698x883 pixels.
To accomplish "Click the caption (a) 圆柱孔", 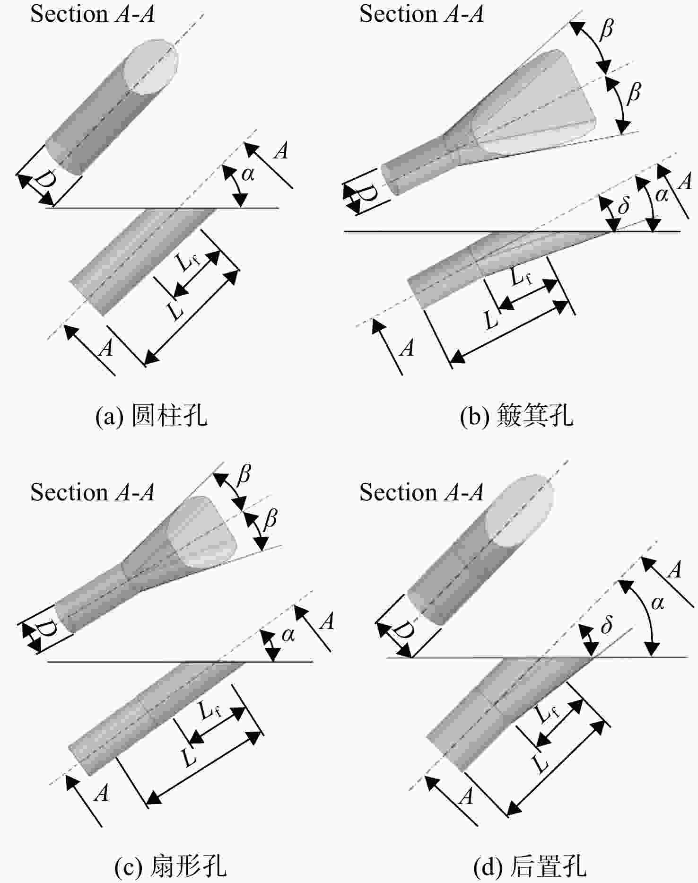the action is point(151,416).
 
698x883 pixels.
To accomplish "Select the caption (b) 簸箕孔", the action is point(516,416).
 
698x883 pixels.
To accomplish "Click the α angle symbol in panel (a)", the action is point(248,175).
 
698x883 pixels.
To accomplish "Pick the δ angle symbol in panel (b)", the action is point(623,205).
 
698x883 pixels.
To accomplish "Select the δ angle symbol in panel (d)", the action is point(606,625).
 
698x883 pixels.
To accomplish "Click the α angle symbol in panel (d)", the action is point(657,603).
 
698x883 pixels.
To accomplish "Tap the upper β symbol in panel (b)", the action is point(606,29).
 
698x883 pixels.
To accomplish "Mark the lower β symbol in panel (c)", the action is point(270,519).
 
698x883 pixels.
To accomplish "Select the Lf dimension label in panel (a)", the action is point(187,260).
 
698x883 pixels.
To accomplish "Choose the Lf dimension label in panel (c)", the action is point(210,710).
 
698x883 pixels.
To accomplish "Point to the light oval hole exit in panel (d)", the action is point(520,511).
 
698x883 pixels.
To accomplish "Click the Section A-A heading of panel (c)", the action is point(93,492).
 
